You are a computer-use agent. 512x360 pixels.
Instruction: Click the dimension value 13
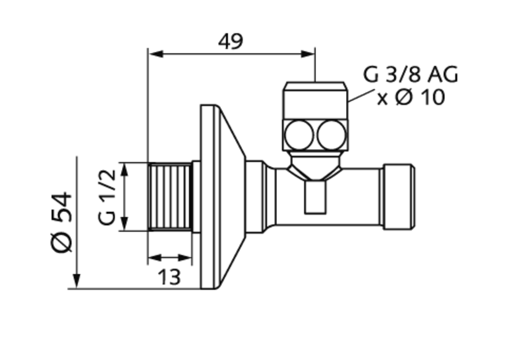pyautogui.click(x=169, y=277)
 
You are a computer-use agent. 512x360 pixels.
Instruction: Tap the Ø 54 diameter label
pyautogui.click(x=62, y=221)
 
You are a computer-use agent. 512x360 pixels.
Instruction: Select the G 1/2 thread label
pyautogui.click(x=106, y=197)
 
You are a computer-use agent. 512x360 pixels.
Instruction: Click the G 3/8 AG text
pyautogui.click(x=410, y=75)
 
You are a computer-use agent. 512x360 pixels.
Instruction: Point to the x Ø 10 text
pyautogui.click(x=410, y=97)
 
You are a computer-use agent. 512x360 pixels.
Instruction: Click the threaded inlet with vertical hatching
pyautogui.click(x=170, y=197)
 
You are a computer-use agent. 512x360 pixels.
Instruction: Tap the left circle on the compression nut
pyautogui.click(x=300, y=134)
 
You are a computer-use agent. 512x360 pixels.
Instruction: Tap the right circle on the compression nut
pyautogui.click(x=331, y=134)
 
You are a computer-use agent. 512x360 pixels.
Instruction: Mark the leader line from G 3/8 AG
pyautogui.click(x=360, y=95)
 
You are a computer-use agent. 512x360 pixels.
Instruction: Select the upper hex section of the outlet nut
pyautogui.click(x=315, y=99)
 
